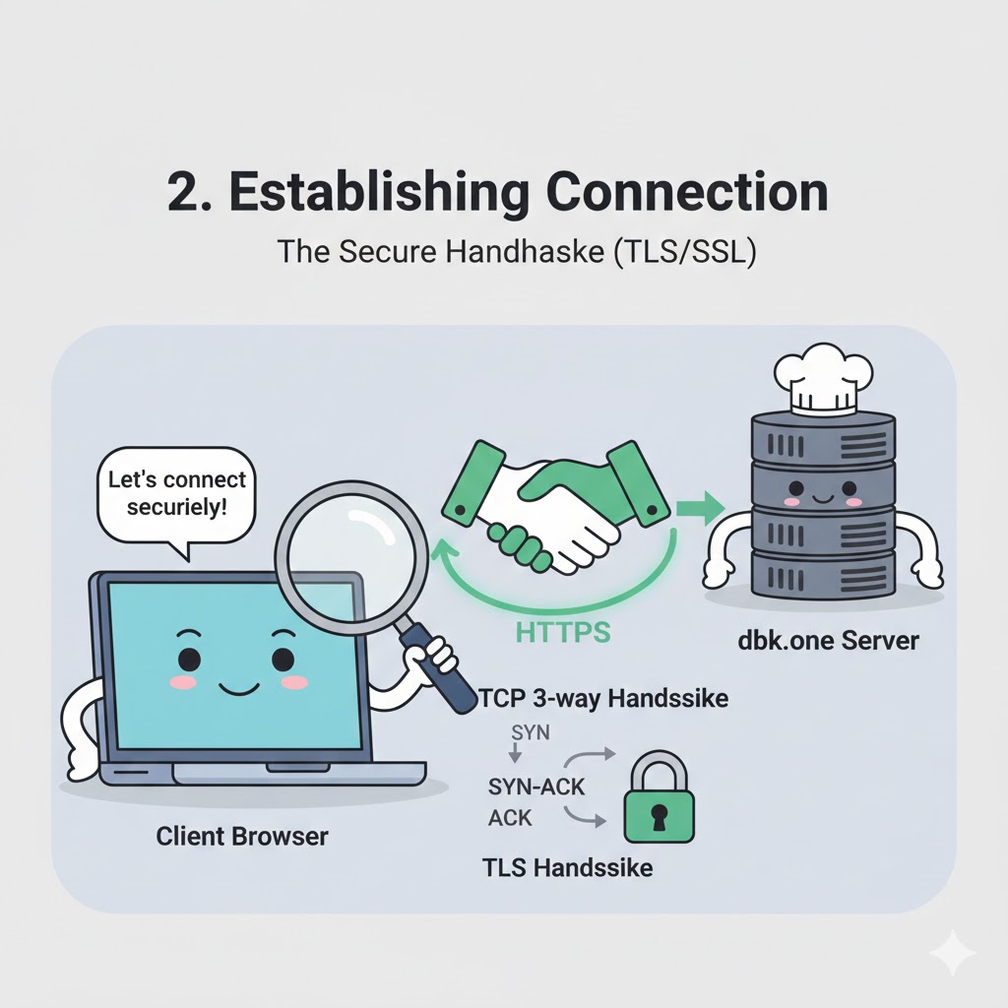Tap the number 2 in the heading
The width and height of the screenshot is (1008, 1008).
184,193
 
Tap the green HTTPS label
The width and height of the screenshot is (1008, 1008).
563,631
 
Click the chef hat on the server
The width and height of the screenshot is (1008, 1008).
823,379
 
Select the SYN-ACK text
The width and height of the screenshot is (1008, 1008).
536,787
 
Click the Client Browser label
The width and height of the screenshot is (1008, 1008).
242,837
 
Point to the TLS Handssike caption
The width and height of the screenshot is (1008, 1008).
567,868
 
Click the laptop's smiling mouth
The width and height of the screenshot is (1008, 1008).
234,687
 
